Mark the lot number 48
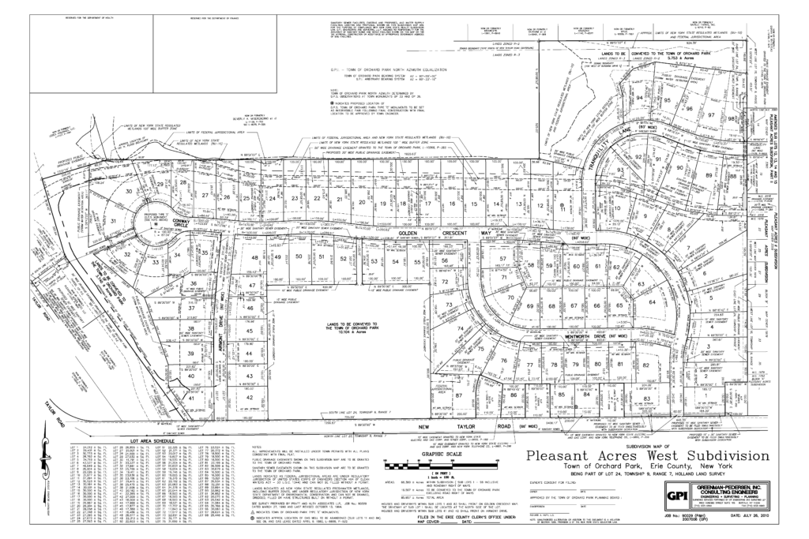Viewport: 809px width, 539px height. coord(254,258)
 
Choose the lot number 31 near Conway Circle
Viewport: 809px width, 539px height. coord(114,221)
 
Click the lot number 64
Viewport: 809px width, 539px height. coord(653,301)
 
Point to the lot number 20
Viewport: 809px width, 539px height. coord(363,202)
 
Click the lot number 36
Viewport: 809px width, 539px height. coord(193,283)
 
